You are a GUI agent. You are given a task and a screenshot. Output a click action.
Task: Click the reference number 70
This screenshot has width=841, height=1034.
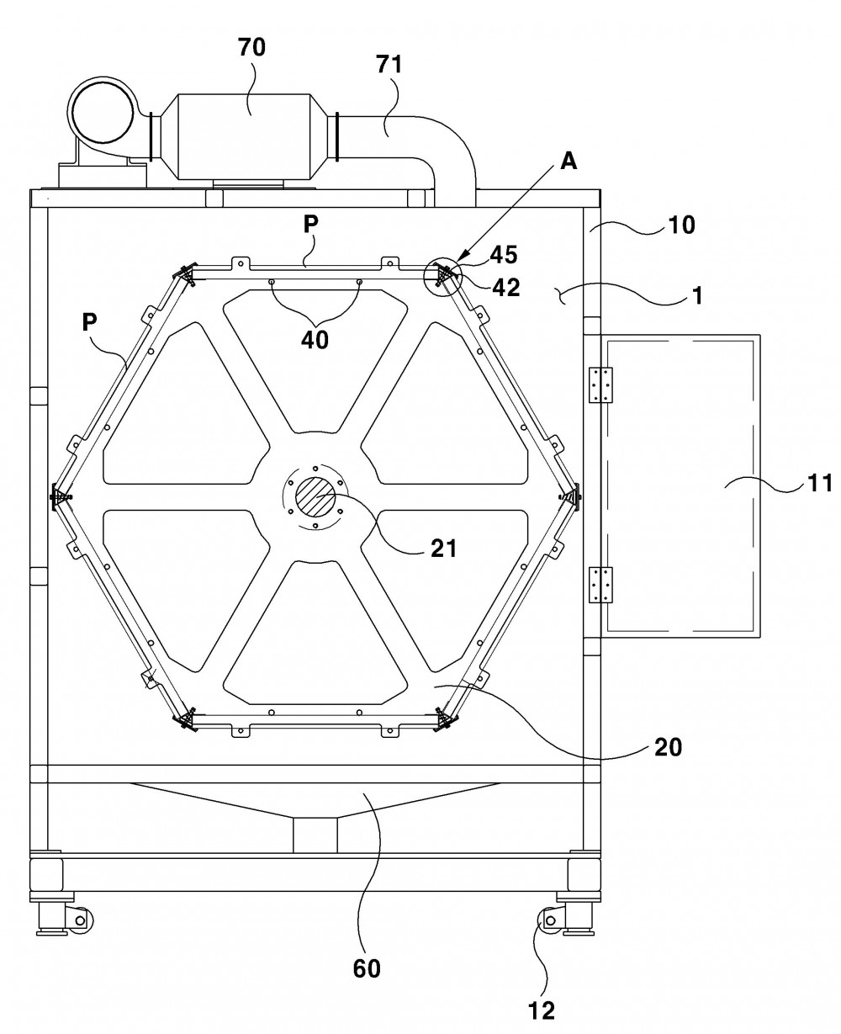[x=251, y=47]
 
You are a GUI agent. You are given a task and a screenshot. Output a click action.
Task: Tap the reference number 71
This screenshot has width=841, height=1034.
[x=389, y=64]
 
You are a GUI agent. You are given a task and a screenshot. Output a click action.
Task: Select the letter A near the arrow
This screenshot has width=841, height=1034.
[x=569, y=161]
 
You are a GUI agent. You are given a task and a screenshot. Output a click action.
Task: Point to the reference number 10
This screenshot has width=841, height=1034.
[x=681, y=225]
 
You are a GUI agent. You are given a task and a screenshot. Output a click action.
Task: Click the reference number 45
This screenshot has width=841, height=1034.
[x=504, y=255]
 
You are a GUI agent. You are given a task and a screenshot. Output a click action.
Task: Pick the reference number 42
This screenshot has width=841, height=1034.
[x=506, y=288]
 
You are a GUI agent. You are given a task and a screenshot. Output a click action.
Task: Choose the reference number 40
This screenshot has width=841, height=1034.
[x=315, y=340]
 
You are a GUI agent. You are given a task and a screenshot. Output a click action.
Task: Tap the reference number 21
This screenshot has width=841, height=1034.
[x=443, y=549]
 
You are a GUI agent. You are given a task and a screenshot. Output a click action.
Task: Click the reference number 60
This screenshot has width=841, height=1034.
[x=367, y=968]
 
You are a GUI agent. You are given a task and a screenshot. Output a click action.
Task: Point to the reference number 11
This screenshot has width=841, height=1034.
[x=819, y=483]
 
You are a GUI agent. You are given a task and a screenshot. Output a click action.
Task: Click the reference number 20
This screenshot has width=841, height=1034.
[x=668, y=748]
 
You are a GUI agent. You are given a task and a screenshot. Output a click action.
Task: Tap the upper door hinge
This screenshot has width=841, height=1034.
[x=600, y=385]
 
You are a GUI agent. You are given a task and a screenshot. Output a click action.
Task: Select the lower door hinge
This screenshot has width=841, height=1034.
[x=600, y=585]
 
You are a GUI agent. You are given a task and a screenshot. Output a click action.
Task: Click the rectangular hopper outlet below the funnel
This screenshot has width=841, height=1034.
[x=315, y=835]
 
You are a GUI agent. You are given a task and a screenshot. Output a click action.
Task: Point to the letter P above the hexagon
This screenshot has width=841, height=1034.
[x=310, y=224]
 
